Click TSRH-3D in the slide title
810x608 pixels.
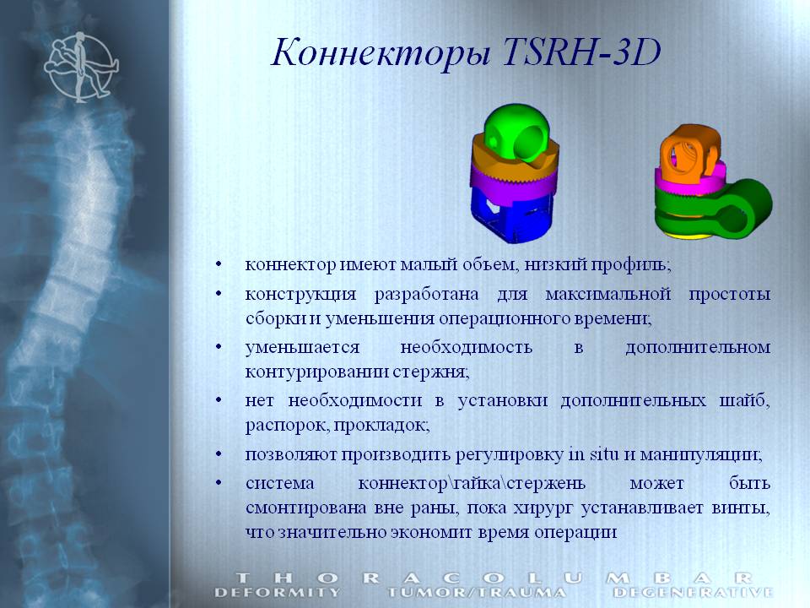pos(581,52)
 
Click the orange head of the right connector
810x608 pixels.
pos(689,152)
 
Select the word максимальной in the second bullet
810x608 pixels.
pos(608,294)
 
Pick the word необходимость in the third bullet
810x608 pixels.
pos(466,347)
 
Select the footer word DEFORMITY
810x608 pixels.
pos(278,592)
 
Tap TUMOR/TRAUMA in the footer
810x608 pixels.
pos(477,592)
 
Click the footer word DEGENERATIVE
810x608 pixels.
pos(693,592)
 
